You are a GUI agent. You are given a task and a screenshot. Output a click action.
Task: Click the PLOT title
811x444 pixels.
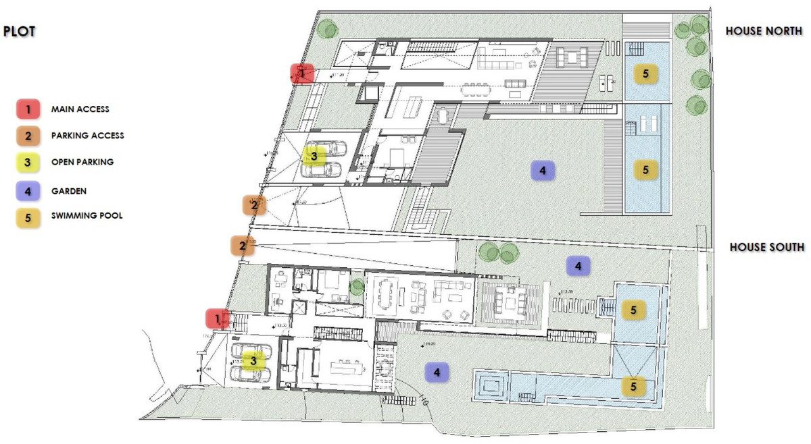coord(20,31)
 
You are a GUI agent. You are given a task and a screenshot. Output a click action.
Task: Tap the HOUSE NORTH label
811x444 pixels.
coord(764,31)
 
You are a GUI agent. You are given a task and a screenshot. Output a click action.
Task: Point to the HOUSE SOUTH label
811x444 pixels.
coord(767,247)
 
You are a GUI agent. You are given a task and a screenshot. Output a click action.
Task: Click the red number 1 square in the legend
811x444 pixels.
coord(26,109)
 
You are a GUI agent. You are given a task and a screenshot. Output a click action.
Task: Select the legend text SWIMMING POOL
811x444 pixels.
coord(87,216)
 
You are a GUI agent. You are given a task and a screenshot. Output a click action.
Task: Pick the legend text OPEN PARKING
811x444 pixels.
coord(82,162)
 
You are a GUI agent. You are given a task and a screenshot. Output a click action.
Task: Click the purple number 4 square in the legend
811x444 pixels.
coord(26,191)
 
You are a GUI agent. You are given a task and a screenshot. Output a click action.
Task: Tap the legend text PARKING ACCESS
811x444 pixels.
coord(87,136)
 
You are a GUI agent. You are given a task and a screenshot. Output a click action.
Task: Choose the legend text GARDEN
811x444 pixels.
coord(68,191)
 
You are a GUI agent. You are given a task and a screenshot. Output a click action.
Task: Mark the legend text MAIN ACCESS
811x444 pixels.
coord(80,109)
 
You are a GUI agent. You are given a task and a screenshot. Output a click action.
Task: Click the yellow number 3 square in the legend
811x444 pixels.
coord(26,163)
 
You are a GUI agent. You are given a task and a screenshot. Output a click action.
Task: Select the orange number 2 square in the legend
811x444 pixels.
coord(26,136)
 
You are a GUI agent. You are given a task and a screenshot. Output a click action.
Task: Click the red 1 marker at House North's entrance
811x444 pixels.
coord(302,73)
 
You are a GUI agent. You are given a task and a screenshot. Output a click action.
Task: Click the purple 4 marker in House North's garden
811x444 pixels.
coord(543,170)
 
